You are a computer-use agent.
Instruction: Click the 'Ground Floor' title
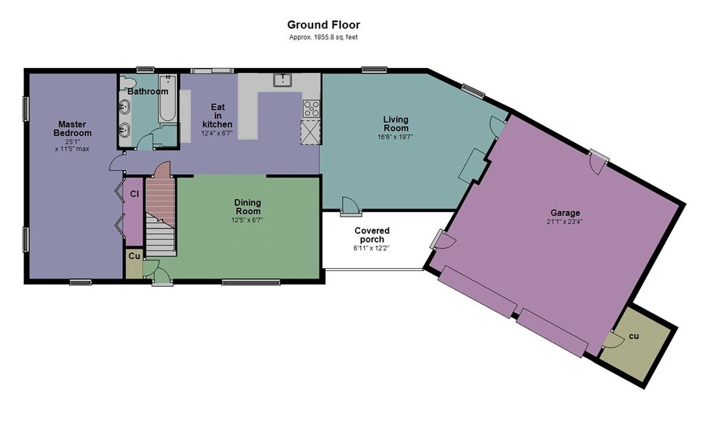pos(324,25)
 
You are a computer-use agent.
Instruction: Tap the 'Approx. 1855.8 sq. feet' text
pos(324,37)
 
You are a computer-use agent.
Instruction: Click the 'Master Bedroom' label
pos(72,129)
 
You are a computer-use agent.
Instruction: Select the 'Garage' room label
pos(565,213)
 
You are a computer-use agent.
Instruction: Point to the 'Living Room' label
pos(396,124)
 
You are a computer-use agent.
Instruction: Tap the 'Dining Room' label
pos(248,206)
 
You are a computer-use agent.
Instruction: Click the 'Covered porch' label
pos(372,235)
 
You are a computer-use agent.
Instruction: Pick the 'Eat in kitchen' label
pos(218,116)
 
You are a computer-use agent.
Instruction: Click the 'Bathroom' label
pos(148,91)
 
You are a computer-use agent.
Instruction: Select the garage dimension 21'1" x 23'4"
pos(565,222)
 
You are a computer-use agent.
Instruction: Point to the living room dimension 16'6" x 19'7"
pos(396,137)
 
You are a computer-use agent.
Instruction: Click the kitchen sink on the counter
pos(283,80)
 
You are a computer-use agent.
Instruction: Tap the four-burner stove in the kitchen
pos(311,109)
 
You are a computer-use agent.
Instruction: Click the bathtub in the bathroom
pos(167,98)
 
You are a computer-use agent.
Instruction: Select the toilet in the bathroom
pos(127,83)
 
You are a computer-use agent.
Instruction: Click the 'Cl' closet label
pos(134,194)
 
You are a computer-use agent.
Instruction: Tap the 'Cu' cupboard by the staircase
pos(134,263)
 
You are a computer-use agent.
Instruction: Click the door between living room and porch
pos(350,206)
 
